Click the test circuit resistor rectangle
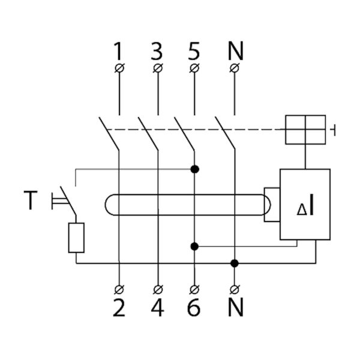[76, 237]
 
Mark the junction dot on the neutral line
[234, 263]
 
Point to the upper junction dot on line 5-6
[194, 170]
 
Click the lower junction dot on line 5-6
[194, 245]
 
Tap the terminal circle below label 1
[119, 68]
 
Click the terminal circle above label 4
[157, 287]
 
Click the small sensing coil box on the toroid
[271, 204]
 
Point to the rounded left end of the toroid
[111, 204]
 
